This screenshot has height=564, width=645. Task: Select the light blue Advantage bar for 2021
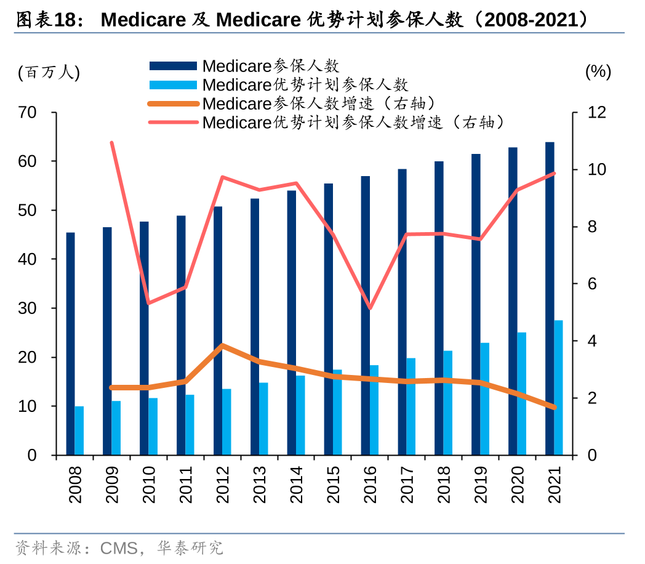(x=558, y=387)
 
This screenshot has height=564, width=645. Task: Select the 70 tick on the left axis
(x=28, y=113)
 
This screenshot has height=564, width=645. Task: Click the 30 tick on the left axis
(x=28, y=308)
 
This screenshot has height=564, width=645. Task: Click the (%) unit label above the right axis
(x=598, y=72)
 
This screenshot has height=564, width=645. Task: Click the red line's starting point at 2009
(x=111, y=143)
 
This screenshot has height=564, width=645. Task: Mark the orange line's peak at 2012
(x=222, y=345)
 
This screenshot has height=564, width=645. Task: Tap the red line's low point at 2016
(x=370, y=308)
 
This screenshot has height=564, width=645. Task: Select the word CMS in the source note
(x=119, y=547)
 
